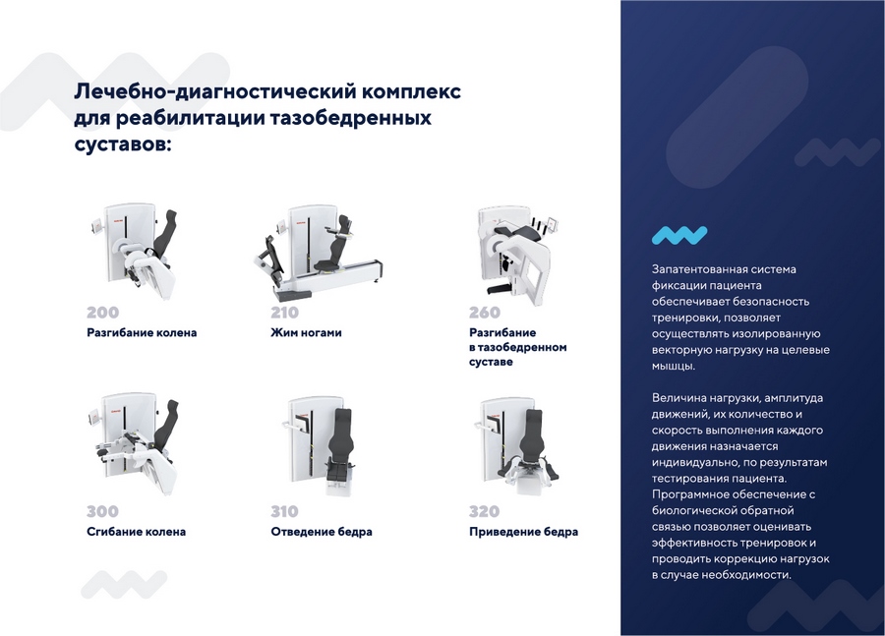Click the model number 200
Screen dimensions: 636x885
click(102, 313)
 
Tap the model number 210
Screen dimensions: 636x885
click(284, 313)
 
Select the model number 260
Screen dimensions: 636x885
click(484, 313)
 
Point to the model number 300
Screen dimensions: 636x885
click(102, 511)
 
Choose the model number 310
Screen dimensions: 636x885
click(284, 511)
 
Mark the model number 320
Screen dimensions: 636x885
click(484, 511)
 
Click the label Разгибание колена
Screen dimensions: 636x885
click(142, 333)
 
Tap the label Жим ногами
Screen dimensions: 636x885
click(306, 333)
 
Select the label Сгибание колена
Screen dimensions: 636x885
click(136, 532)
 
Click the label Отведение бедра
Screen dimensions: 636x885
click(321, 532)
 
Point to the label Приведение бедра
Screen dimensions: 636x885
click(523, 532)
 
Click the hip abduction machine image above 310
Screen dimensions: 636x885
click(319, 442)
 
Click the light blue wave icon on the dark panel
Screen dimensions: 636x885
click(678, 235)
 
